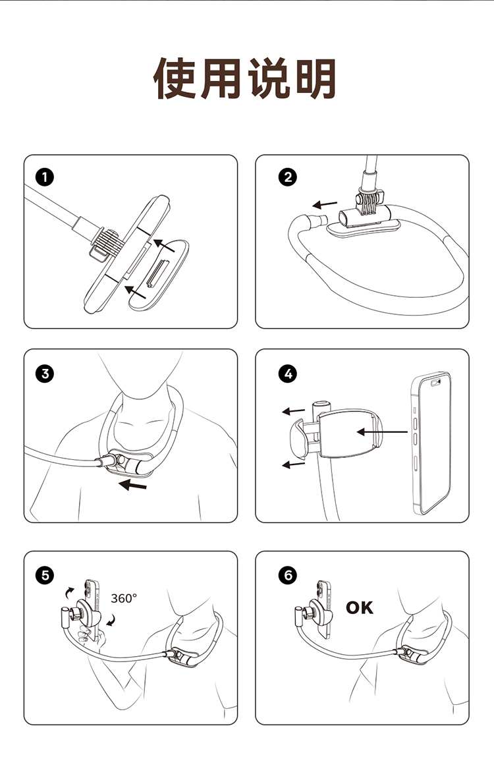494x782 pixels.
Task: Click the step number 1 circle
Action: pyautogui.click(x=45, y=177)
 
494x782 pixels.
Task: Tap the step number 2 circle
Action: pyautogui.click(x=288, y=177)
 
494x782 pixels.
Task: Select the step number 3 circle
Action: pyautogui.click(x=45, y=374)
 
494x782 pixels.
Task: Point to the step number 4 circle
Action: pyautogui.click(x=288, y=374)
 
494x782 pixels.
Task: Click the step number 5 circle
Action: pyautogui.click(x=45, y=576)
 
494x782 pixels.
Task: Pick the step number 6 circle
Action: pyautogui.click(x=288, y=576)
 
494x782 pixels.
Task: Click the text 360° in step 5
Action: pyautogui.click(x=124, y=598)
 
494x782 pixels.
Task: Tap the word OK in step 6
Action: pyautogui.click(x=360, y=607)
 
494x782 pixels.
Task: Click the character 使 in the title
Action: pyautogui.click(x=174, y=79)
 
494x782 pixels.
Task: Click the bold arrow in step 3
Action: pyautogui.click(x=132, y=484)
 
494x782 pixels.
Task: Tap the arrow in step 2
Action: pyautogui.click(x=325, y=204)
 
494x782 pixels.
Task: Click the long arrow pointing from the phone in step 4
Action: pyautogui.click(x=382, y=432)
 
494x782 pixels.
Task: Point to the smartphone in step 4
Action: pyautogui.click(x=431, y=443)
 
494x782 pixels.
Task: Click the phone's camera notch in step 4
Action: pyautogui.click(x=436, y=383)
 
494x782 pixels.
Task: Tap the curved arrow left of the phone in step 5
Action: pyautogui.click(x=69, y=592)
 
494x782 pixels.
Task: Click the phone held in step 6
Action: pyautogui.click(x=324, y=609)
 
